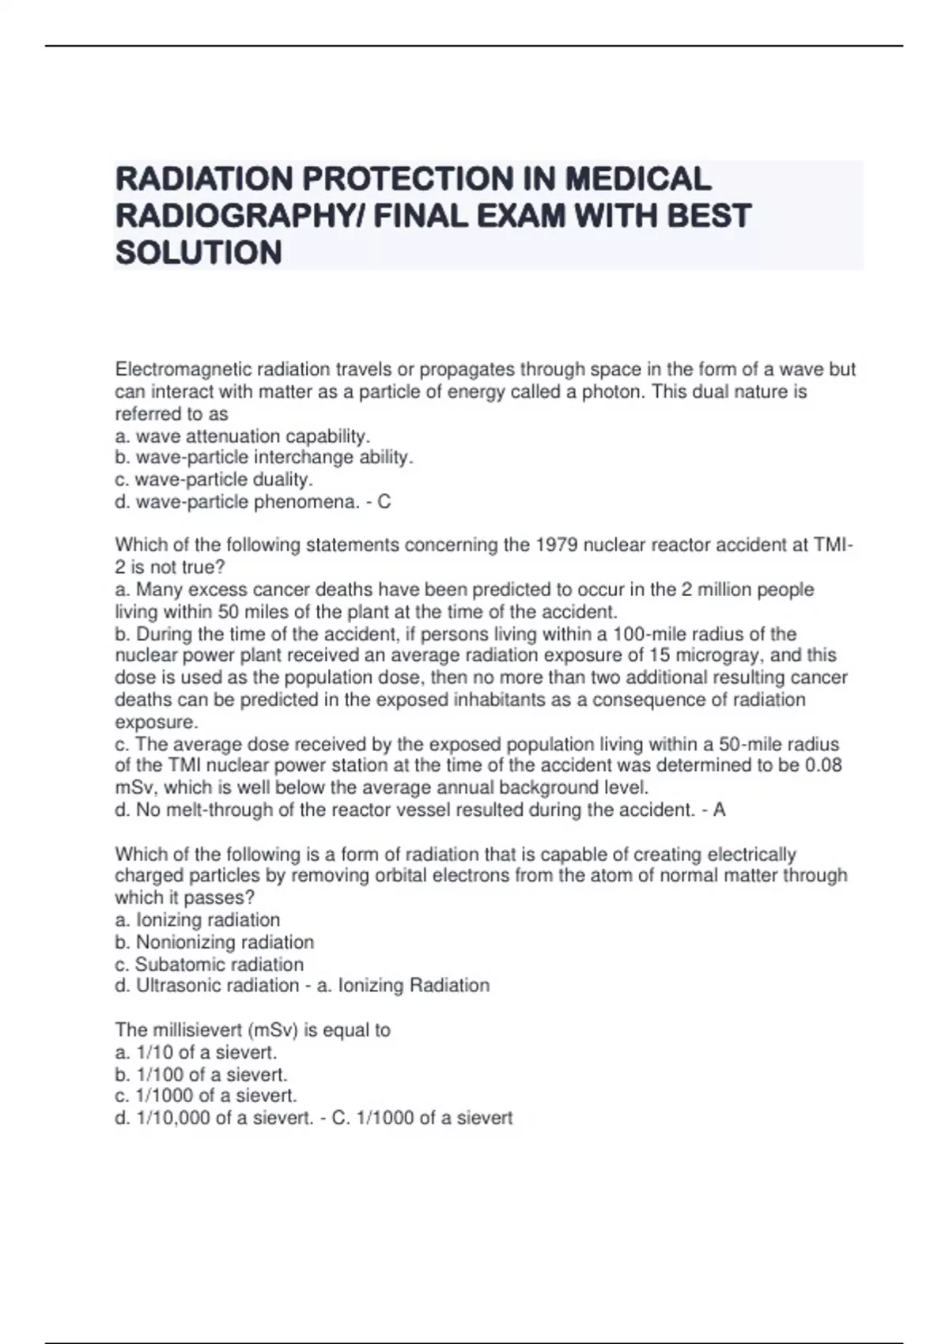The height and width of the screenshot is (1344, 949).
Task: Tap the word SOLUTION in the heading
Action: [x=198, y=253]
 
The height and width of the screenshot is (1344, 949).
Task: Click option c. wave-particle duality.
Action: [x=214, y=480]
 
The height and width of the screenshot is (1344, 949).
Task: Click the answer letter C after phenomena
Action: [x=384, y=502]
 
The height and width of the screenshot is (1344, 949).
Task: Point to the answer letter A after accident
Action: [x=719, y=810]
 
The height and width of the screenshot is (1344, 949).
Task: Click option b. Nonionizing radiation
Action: [x=214, y=942]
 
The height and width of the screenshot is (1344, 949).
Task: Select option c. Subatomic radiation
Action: [x=210, y=965]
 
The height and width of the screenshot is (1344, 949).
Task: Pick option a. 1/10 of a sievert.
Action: [x=196, y=1052]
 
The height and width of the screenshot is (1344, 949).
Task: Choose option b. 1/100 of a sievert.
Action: [x=201, y=1074]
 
